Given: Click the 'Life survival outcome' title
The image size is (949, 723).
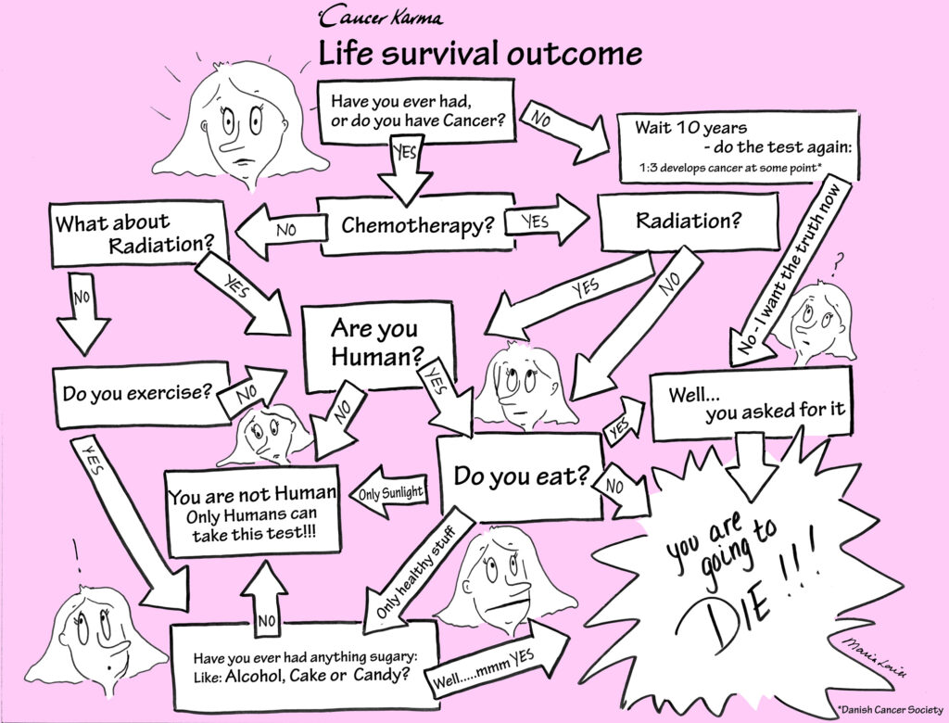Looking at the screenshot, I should click(480, 54).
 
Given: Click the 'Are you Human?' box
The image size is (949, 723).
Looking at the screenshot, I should click(374, 342).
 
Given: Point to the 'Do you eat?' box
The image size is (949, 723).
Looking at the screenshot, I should click(519, 477).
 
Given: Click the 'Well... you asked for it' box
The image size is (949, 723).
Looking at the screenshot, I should click(751, 404).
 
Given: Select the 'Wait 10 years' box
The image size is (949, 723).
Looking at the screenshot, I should click(737, 146).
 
